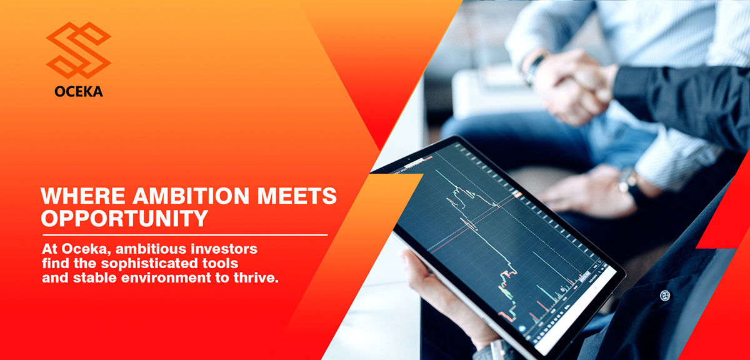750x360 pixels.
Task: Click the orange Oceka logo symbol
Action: pyautogui.click(x=78, y=50)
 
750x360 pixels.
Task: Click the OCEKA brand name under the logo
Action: pyautogui.click(x=78, y=92)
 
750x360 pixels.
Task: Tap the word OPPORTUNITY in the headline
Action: pyautogui.click(x=124, y=218)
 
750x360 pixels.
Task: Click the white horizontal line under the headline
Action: pyautogui.click(x=184, y=235)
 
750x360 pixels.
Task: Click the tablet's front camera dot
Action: pyautogui.click(x=408, y=160)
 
